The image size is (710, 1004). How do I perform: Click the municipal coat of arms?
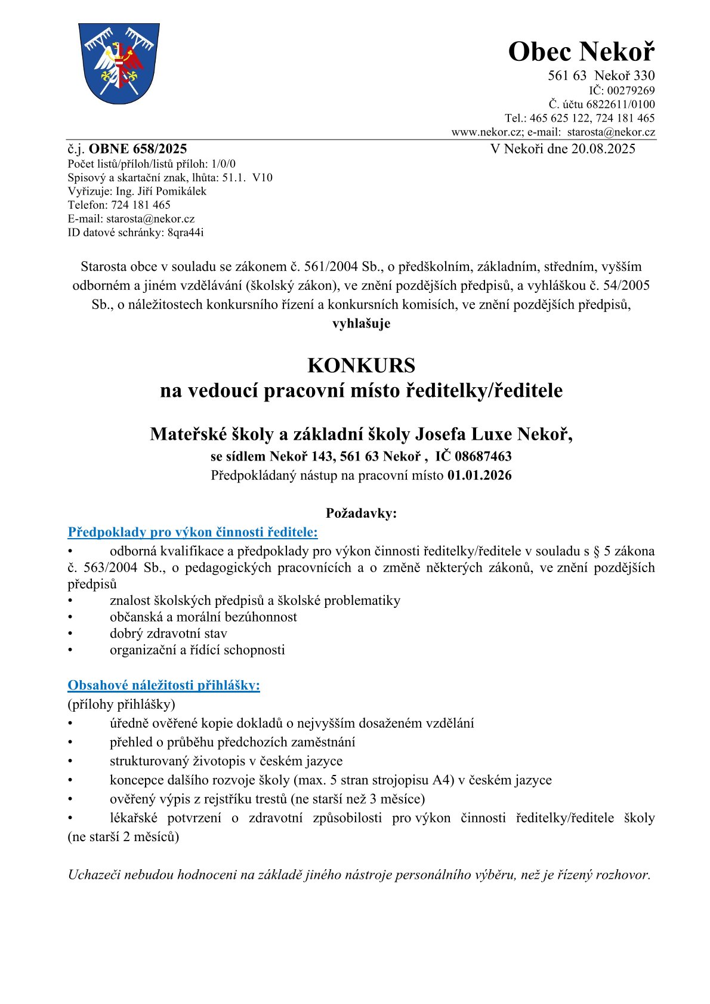click(119, 64)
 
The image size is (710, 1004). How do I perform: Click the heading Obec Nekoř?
click(581, 52)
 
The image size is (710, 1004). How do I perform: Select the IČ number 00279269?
click(630, 91)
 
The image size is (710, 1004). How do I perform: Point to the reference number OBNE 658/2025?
click(138, 149)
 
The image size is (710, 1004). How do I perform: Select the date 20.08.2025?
click(603, 149)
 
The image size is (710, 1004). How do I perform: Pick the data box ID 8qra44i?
click(186, 233)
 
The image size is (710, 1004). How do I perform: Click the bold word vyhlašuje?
click(361, 323)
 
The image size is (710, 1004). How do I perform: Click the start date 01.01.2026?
click(479, 475)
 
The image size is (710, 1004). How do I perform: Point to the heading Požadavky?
click(361, 513)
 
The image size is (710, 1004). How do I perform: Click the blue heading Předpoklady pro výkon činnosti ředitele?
click(192, 532)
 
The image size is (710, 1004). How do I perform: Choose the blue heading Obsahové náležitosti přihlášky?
click(163, 685)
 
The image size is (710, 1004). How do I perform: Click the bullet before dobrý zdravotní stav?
click(70, 634)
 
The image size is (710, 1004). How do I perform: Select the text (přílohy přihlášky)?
click(121, 704)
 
